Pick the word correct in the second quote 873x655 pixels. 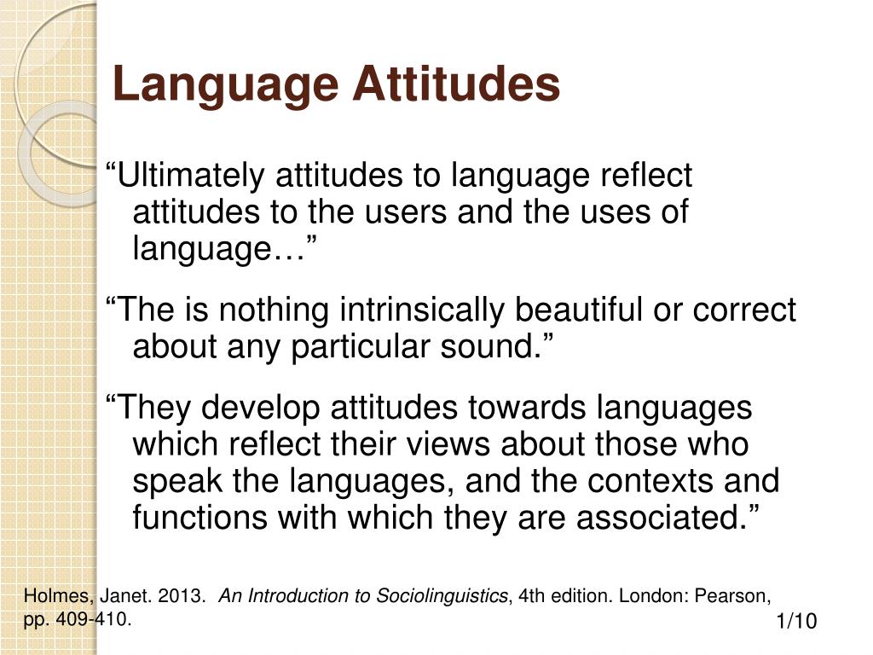(x=744, y=310)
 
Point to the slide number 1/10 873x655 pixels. (x=796, y=622)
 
